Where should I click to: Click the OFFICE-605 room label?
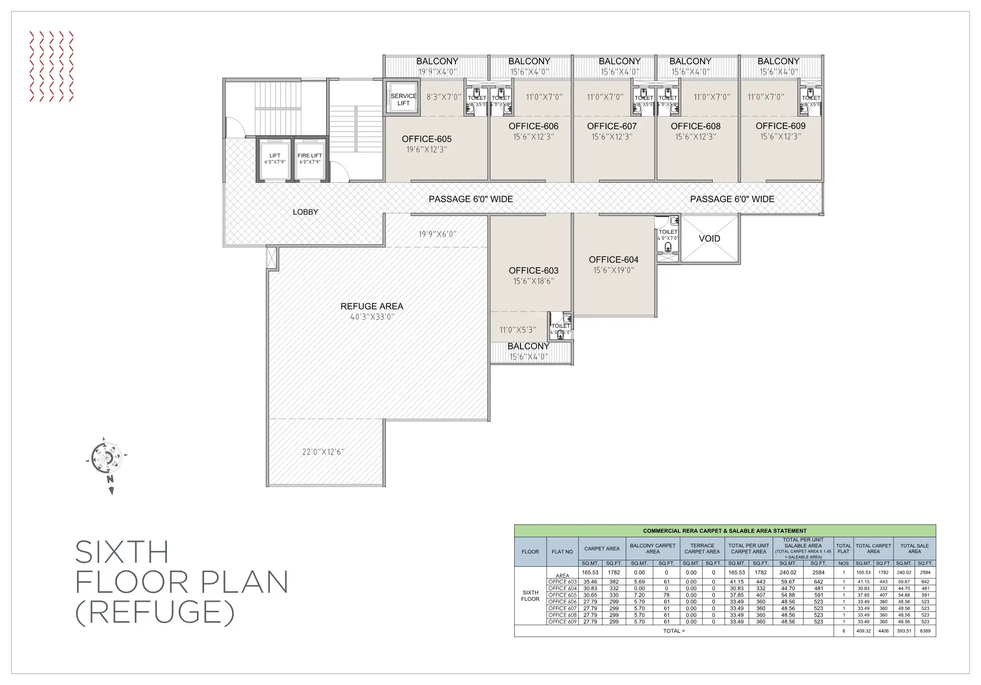click(x=426, y=139)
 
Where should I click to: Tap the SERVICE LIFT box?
click(x=403, y=99)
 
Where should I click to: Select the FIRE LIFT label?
click(x=310, y=156)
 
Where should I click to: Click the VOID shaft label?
click(x=709, y=238)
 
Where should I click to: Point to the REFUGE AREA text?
click(x=372, y=306)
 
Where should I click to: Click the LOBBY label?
click(x=305, y=212)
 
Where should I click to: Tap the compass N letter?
click(x=110, y=479)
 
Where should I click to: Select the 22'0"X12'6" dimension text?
click(x=323, y=452)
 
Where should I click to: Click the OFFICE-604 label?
click(x=613, y=260)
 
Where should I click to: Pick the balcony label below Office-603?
click(x=528, y=346)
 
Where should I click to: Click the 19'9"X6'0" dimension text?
click(x=437, y=234)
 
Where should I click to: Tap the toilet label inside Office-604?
click(x=668, y=232)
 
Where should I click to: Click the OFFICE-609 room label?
click(x=780, y=126)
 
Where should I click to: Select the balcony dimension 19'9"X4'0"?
click(x=437, y=72)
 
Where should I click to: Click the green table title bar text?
click(x=725, y=531)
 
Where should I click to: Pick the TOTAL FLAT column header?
click(x=843, y=548)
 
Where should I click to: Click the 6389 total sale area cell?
click(x=925, y=631)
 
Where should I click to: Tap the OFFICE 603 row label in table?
click(x=562, y=581)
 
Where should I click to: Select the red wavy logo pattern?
click(x=51, y=66)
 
